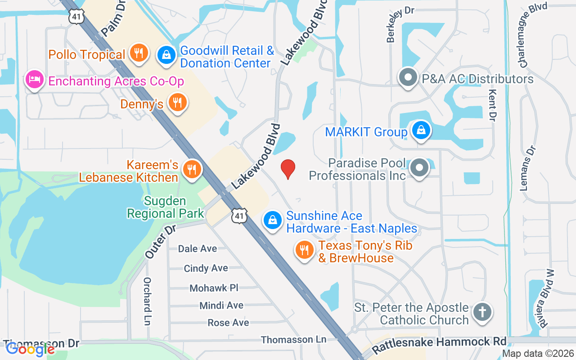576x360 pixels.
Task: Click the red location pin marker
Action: (x=288, y=169)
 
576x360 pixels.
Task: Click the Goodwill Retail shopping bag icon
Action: (x=166, y=55)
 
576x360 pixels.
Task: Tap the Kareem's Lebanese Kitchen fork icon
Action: (x=192, y=169)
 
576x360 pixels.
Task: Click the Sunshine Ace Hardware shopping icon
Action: (x=272, y=220)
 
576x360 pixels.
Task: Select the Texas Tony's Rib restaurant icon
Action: (x=305, y=250)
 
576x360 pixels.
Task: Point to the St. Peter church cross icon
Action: (x=482, y=312)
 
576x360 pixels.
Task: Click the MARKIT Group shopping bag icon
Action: (x=421, y=130)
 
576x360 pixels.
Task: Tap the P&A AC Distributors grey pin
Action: (x=408, y=77)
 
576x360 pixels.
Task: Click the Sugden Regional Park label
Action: (x=166, y=207)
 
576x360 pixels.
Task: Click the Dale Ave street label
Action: (x=197, y=249)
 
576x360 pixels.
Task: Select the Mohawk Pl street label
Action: (x=214, y=288)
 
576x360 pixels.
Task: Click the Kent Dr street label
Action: (x=492, y=105)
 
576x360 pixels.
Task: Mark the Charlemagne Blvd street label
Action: (x=533, y=36)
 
